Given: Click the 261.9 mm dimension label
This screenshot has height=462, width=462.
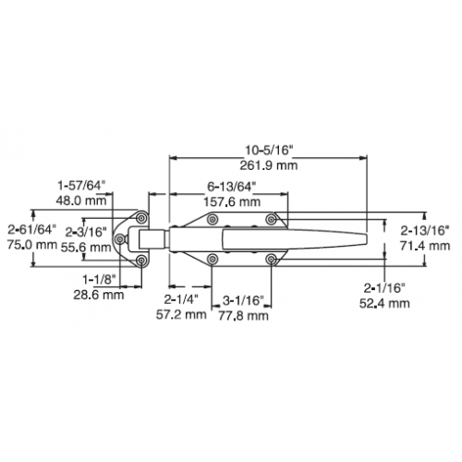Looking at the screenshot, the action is pyautogui.click(x=269, y=165).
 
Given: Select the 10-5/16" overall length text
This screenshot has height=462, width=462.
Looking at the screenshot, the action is pyautogui.click(x=268, y=151).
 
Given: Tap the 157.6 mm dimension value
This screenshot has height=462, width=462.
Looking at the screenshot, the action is pyautogui.click(x=232, y=202).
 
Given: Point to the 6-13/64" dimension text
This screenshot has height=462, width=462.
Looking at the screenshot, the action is pyautogui.click(x=232, y=187).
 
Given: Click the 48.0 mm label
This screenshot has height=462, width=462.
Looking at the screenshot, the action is pyautogui.click(x=81, y=201).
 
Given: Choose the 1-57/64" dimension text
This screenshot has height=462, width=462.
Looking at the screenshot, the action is pyautogui.click(x=81, y=186).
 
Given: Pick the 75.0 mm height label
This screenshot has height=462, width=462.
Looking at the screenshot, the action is pyautogui.click(x=32, y=245).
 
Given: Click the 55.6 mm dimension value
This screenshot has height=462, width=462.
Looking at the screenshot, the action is pyautogui.click(x=86, y=248).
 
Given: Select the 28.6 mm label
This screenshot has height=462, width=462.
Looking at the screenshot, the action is pyautogui.click(x=99, y=295).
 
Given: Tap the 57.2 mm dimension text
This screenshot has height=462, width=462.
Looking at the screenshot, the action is pyautogui.click(x=181, y=314).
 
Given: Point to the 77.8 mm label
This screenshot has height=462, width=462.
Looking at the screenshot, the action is pyautogui.click(x=243, y=316).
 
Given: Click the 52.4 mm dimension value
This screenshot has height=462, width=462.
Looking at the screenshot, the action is pyautogui.click(x=384, y=303).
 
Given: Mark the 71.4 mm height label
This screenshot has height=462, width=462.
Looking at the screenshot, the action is pyautogui.click(x=425, y=246).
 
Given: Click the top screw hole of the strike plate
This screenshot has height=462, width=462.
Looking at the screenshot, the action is pyautogui.click(x=141, y=218).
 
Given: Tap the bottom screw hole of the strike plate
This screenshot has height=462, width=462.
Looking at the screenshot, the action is pyautogui.click(x=141, y=261).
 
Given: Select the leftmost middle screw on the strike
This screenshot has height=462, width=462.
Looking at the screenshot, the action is pyautogui.click(x=120, y=238).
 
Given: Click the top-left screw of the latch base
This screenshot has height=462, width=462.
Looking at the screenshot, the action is pyautogui.click(x=213, y=219).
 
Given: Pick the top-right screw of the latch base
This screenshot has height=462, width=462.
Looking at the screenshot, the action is pyautogui.click(x=271, y=219).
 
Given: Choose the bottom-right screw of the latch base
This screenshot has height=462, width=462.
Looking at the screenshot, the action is pyautogui.click(x=271, y=260).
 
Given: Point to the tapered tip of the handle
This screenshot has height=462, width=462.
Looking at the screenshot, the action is pyautogui.click(x=367, y=239).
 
